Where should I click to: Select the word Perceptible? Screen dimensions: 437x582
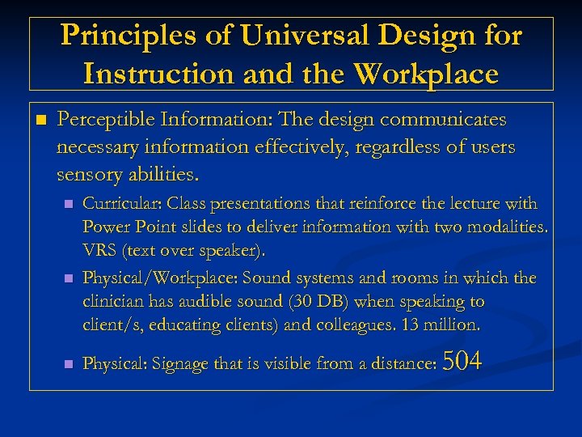105,120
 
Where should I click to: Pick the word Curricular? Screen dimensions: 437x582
115,204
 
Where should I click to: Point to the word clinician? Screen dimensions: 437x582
112,302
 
